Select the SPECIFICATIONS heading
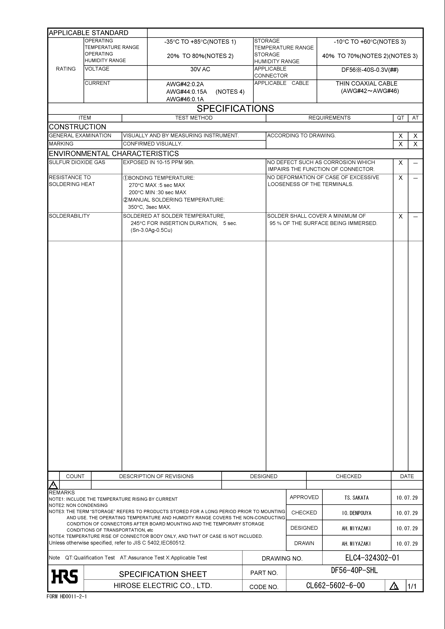click(x=235, y=109)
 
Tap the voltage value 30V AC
click(x=200, y=69)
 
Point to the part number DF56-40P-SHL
click(x=354, y=570)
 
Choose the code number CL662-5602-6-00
click(x=335, y=586)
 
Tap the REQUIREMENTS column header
click(x=329, y=118)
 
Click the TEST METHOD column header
click(x=194, y=118)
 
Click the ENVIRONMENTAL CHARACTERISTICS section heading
click(x=114, y=154)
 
